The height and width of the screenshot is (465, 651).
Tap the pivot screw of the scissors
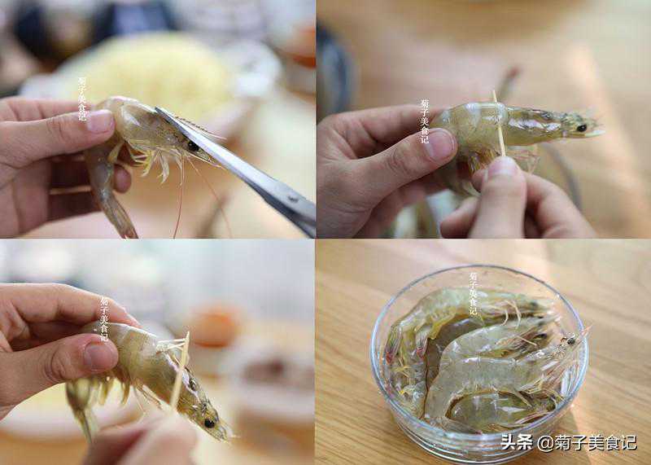click(x=294, y=199)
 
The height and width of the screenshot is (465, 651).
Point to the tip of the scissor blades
click(x=158, y=108)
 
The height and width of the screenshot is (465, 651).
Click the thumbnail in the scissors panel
click(x=99, y=121)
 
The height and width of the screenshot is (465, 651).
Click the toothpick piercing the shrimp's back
click(x=499, y=124)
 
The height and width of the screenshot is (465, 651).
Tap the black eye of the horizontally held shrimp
click(x=581, y=128)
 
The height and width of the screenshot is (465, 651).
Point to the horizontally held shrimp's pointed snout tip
click(x=602, y=133)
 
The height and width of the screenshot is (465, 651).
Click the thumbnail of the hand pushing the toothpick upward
click(x=503, y=167)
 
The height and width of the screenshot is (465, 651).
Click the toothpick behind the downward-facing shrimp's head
click(x=180, y=369)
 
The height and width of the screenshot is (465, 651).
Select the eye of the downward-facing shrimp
click(x=210, y=423)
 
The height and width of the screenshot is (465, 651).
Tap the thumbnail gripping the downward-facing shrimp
click(x=100, y=356)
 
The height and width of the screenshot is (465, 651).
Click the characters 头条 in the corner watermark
click(x=517, y=442)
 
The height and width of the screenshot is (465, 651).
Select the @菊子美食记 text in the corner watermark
click(x=587, y=442)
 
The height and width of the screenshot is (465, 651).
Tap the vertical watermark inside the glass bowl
click(x=473, y=293)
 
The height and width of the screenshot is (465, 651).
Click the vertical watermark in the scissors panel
click(x=82, y=99)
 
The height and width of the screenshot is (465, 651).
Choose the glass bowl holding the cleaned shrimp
click(x=479, y=361)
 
